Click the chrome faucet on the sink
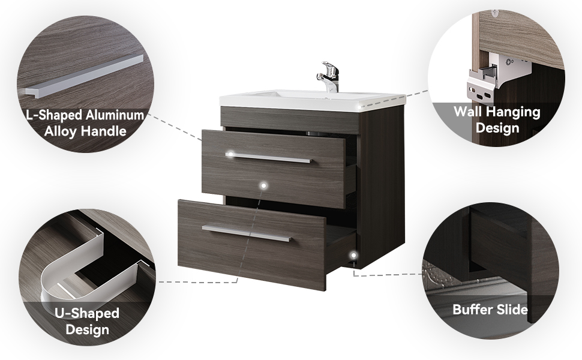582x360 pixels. tap(328, 77)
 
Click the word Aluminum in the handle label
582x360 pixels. tap(115, 115)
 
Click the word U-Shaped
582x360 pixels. tap(87, 313)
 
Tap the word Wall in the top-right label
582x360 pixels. tap(469, 112)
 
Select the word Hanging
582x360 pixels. tap(514, 112)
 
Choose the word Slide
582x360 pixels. tap(514, 310)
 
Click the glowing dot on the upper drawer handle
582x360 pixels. tap(230, 154)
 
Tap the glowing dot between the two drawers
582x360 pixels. tap(263, 185)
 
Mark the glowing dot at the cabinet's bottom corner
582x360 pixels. tap(354, 256)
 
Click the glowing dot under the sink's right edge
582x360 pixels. tap(359, 107)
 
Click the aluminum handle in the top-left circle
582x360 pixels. tap(84, 76)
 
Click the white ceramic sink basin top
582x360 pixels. tap(312, 99)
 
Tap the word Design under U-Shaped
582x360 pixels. tap(87, 330)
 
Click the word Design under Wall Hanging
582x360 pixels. tap(497, 128)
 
